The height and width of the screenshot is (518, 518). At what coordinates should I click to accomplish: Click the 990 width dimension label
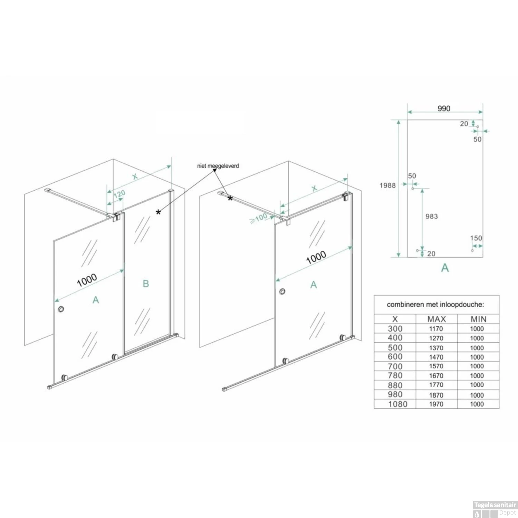point(444,108)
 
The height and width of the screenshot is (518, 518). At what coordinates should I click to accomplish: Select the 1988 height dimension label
point(387,185)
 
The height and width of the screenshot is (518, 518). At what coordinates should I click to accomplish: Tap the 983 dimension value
point(432,217)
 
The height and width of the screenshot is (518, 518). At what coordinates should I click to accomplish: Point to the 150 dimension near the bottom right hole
point(476,238)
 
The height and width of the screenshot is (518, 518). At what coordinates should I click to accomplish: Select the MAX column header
point(437,319)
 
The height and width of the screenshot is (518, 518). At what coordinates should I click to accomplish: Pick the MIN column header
point(478,319)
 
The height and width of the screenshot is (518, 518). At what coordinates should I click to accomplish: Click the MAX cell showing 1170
point(436,329)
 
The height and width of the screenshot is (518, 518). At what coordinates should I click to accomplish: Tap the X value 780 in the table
point(395,375)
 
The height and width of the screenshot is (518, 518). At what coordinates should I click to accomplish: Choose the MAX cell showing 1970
point(436,404)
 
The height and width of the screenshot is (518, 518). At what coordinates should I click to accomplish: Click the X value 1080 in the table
point(397,404)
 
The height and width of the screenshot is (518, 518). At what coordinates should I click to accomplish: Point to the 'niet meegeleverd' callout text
point(218,166)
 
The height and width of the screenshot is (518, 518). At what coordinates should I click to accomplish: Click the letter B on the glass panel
point(146,284)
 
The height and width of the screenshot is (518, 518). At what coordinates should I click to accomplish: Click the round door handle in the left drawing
point(61,309)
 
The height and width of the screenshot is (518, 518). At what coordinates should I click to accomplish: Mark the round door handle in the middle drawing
point(283,292)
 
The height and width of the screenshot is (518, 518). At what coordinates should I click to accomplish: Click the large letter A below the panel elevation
point(445,268)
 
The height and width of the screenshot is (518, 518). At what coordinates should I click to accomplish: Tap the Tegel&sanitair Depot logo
point(495,510)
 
